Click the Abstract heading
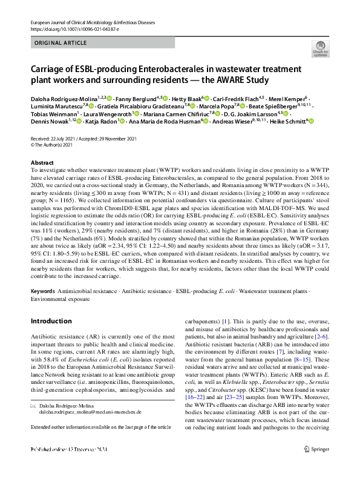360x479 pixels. tap(42, 163)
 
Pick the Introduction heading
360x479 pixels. tap(51, 321)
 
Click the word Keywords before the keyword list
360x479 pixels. tap(42, 291)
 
